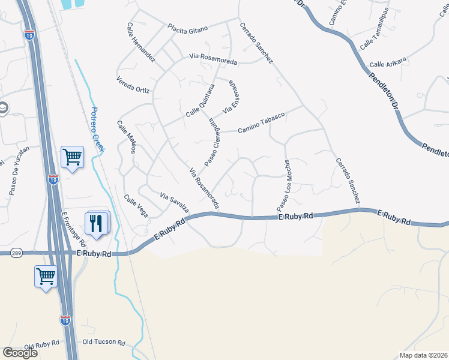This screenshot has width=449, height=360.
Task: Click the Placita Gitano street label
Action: coord(188,28)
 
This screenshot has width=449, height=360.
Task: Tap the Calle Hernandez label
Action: coord(141,43)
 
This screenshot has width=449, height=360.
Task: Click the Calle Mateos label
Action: coord(127,137)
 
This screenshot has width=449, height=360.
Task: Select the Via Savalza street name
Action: coord(175,203)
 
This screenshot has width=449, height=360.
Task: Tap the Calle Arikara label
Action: coord(388,61)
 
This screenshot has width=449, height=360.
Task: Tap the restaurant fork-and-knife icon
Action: coord(97,224)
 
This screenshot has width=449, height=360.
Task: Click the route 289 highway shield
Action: coord(16,253)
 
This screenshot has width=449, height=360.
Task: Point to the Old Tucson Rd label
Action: coord(103,343)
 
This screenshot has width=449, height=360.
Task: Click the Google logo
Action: coord(20,353)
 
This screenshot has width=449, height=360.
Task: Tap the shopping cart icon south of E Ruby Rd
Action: coord(46,277)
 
